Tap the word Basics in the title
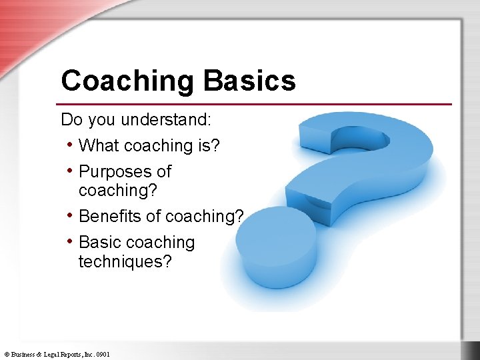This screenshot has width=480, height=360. [249, 81]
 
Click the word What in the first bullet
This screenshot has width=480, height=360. [99, 145]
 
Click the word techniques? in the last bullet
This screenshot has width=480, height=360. [125, 261]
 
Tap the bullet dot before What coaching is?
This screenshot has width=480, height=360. [70, 145]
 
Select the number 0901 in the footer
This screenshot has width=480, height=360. [102, 355]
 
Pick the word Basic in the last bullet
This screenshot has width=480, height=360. [99, 243]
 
